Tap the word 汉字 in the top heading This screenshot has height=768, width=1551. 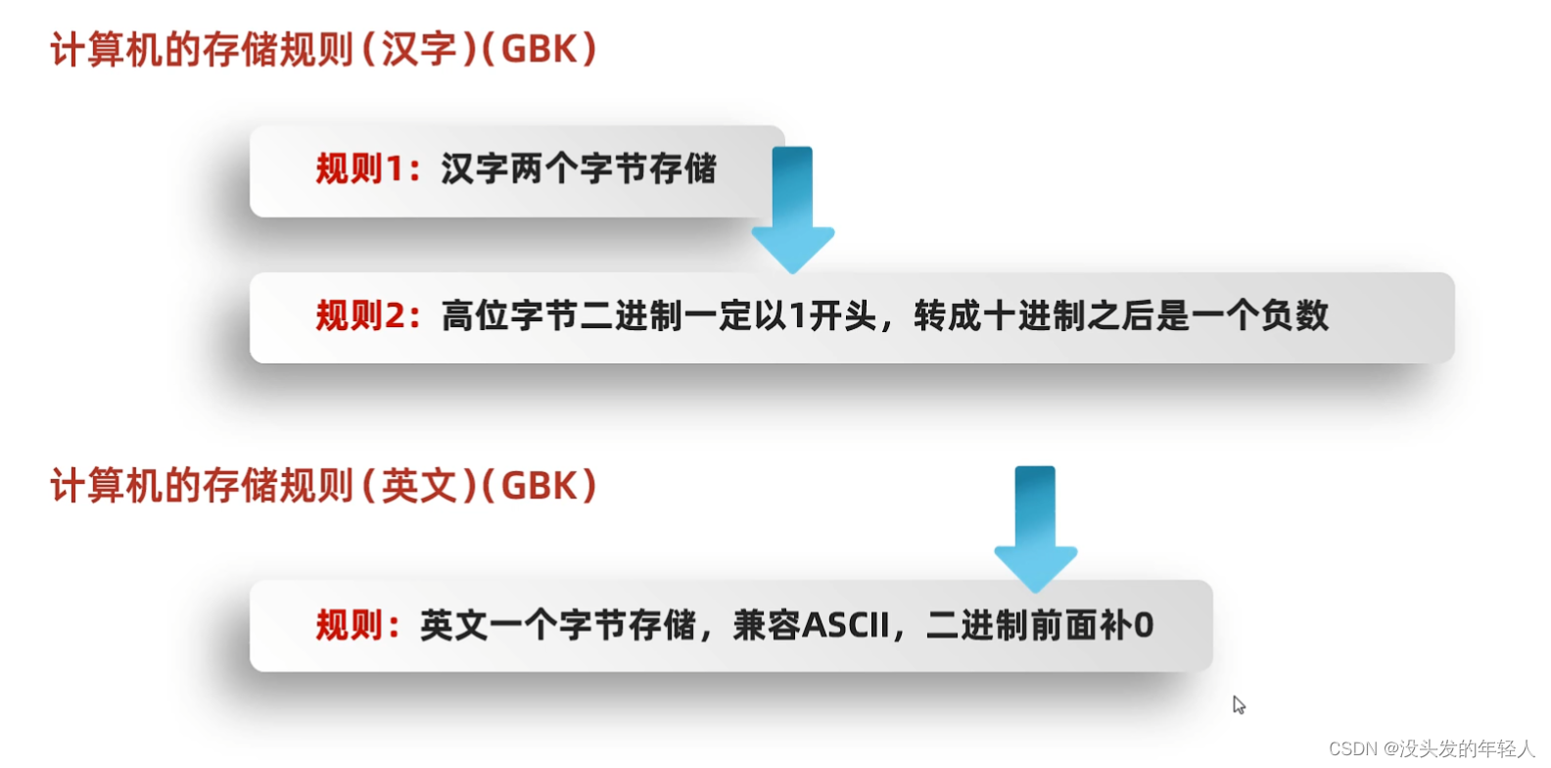[x=419, y=50]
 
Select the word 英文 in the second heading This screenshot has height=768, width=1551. [x=419, y=486]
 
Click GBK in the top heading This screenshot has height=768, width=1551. [x=540, y=50]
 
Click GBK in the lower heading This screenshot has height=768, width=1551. [x=540, y=486]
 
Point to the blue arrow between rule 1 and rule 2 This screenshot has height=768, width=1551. [x=793, y=208]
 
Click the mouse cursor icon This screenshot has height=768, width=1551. [x=1239, y=704]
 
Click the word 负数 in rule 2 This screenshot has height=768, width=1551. [x=1294, y=316]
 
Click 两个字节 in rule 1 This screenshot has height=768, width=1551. [x=561, y=169]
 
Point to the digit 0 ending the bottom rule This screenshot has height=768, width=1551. [x=1144, y=625]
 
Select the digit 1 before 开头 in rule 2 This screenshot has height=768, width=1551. [x=798, y=316]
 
